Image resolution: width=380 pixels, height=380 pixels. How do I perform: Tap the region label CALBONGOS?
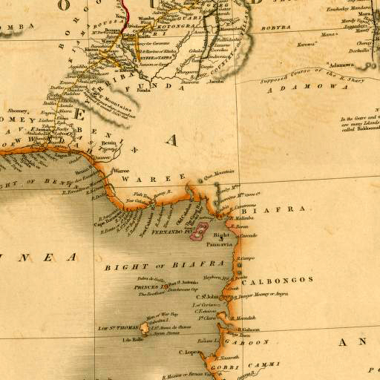click(x=284, y=280)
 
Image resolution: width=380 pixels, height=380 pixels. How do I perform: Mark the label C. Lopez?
click(x=194, y=352)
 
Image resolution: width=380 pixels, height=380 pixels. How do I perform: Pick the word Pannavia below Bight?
click(x=220, y=243)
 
